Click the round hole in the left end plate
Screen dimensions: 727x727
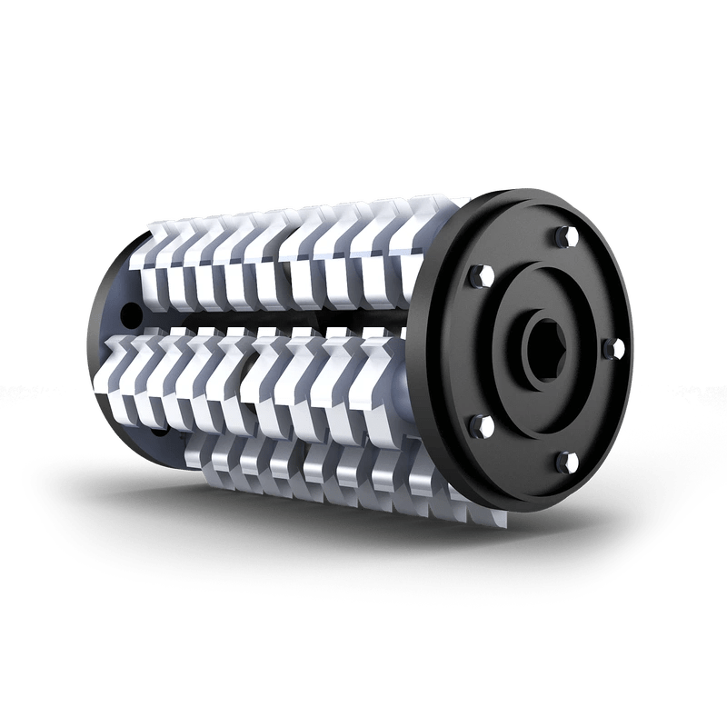click(134, 315)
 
